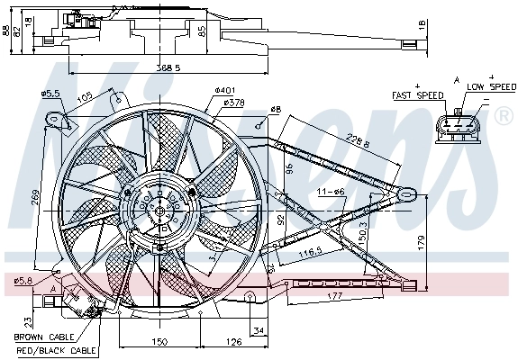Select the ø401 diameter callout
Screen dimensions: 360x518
click(224, 90)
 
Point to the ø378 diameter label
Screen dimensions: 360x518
click(233, 103)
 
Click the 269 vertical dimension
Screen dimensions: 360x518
click(35, 197)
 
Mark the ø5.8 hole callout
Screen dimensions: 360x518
click(23, 281)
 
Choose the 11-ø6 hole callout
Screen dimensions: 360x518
click(331, 192)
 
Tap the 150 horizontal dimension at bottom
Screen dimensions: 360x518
click(158, 342)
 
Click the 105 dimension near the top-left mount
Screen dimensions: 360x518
click(86, 97)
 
